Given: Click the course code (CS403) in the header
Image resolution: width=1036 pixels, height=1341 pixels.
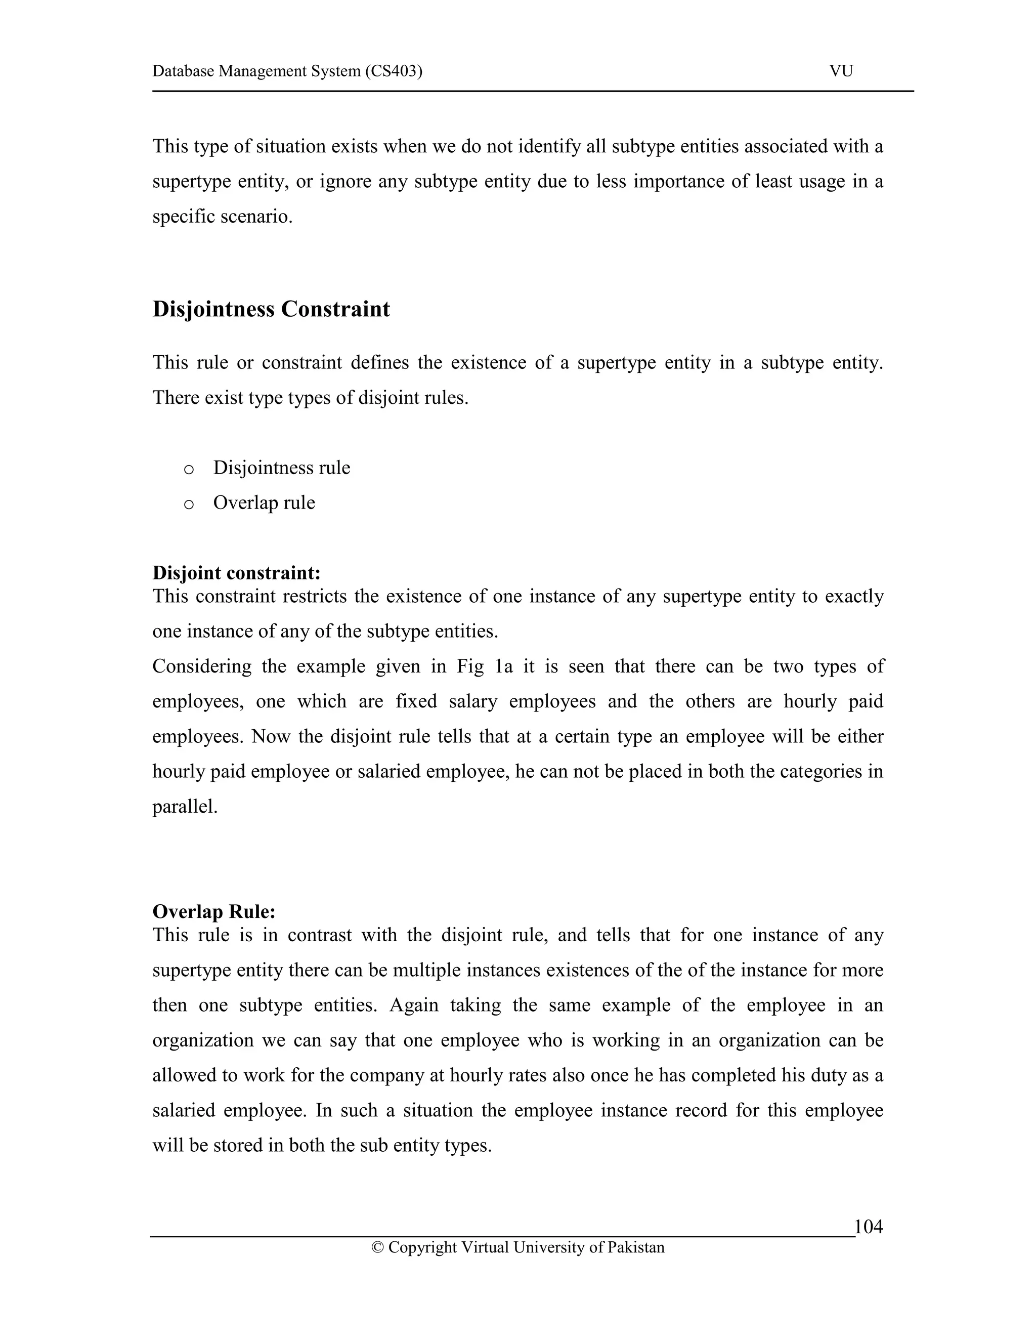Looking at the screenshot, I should [394, 71].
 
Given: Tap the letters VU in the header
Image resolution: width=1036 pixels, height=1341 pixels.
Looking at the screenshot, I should [841, 71].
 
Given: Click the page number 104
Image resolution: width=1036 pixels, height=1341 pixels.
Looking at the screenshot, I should [869, 1227].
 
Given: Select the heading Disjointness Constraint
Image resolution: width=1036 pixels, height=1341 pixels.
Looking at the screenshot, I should [271, 309].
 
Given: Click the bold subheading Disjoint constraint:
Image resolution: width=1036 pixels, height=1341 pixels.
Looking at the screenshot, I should [236, 573].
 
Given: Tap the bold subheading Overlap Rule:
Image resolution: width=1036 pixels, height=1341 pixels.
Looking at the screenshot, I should [213, 912].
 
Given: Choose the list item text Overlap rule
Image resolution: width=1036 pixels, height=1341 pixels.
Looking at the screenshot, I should [264, 503].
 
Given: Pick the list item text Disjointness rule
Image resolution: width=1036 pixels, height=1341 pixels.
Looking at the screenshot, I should [282, 468].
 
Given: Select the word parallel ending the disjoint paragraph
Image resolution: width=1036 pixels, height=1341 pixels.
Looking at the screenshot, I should [184, 807].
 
